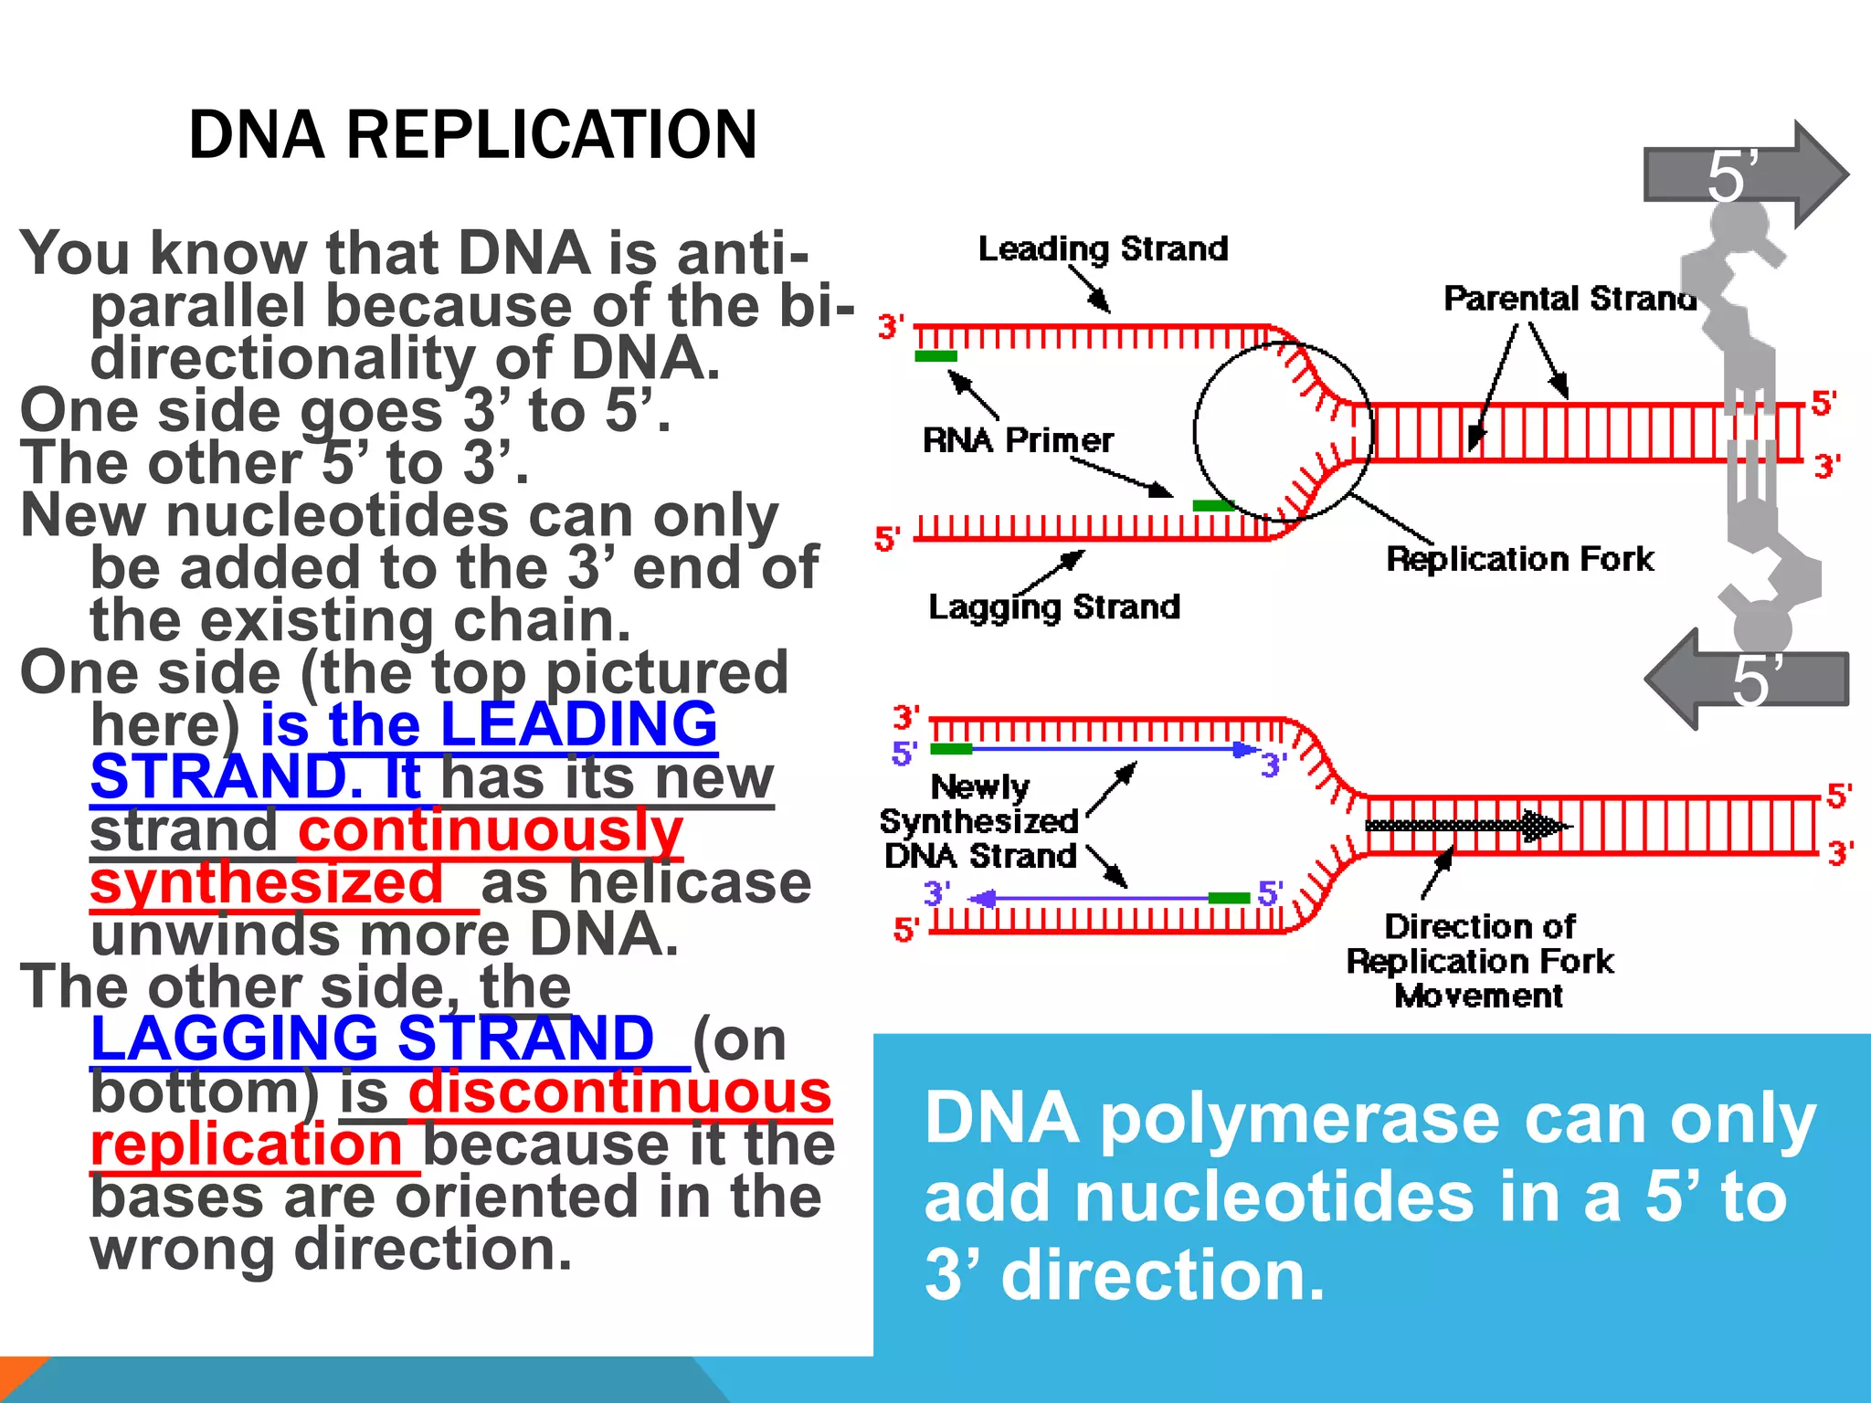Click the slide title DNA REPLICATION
(x=472, y=135)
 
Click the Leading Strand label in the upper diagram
(x=1103, y=248)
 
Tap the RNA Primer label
(x=1018, y=440)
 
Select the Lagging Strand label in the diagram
(x=1054, y=607)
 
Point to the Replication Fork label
(x=1519, y=559)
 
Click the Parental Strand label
(x=1570, y=299)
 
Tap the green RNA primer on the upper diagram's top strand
(x=935, y=356)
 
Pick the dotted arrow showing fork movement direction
(x=1462, y=826)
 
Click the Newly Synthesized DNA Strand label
(x=979, y=821)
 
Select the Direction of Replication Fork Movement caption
(x=1480, y=961)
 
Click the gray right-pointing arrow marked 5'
(x=1745, y=174)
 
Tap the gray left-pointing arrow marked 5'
(x=1745, y=680)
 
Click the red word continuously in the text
(x=491, y=830)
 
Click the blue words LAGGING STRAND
(x=373, y=1039)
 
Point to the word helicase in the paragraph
(x=646, y=883)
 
